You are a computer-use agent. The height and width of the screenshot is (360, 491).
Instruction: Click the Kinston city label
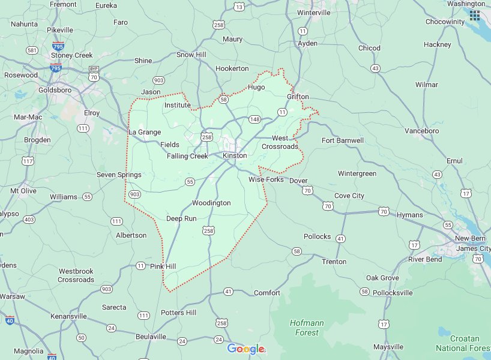pos(235,155)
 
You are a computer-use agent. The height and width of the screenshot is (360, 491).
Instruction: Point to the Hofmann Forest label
pos(307,327)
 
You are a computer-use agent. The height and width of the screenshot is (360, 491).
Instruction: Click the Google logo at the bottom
pos(245,349)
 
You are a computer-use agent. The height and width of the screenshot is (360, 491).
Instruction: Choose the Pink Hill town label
pos(163,266)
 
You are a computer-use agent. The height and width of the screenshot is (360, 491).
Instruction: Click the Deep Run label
pos(181,218)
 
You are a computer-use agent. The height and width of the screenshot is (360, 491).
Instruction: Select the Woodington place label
pos(211,203)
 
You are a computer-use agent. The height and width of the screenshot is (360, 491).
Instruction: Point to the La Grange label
pos(145,132)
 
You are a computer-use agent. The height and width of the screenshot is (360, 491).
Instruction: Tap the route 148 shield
pos(255,119)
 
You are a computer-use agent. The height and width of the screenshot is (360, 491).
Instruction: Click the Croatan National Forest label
pos(463,343)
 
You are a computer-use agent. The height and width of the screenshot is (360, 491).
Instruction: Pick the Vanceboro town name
pos(422,131)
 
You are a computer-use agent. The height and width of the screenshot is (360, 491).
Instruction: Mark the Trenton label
pos(334,262)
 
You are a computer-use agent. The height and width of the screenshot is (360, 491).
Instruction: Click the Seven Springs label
pos(119,175)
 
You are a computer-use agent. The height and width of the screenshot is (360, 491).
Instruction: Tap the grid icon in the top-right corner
pos(475,15)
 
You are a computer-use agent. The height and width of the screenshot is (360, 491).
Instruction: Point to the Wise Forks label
pos(266,179)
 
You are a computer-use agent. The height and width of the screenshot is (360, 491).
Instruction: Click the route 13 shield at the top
pos(240,7)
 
